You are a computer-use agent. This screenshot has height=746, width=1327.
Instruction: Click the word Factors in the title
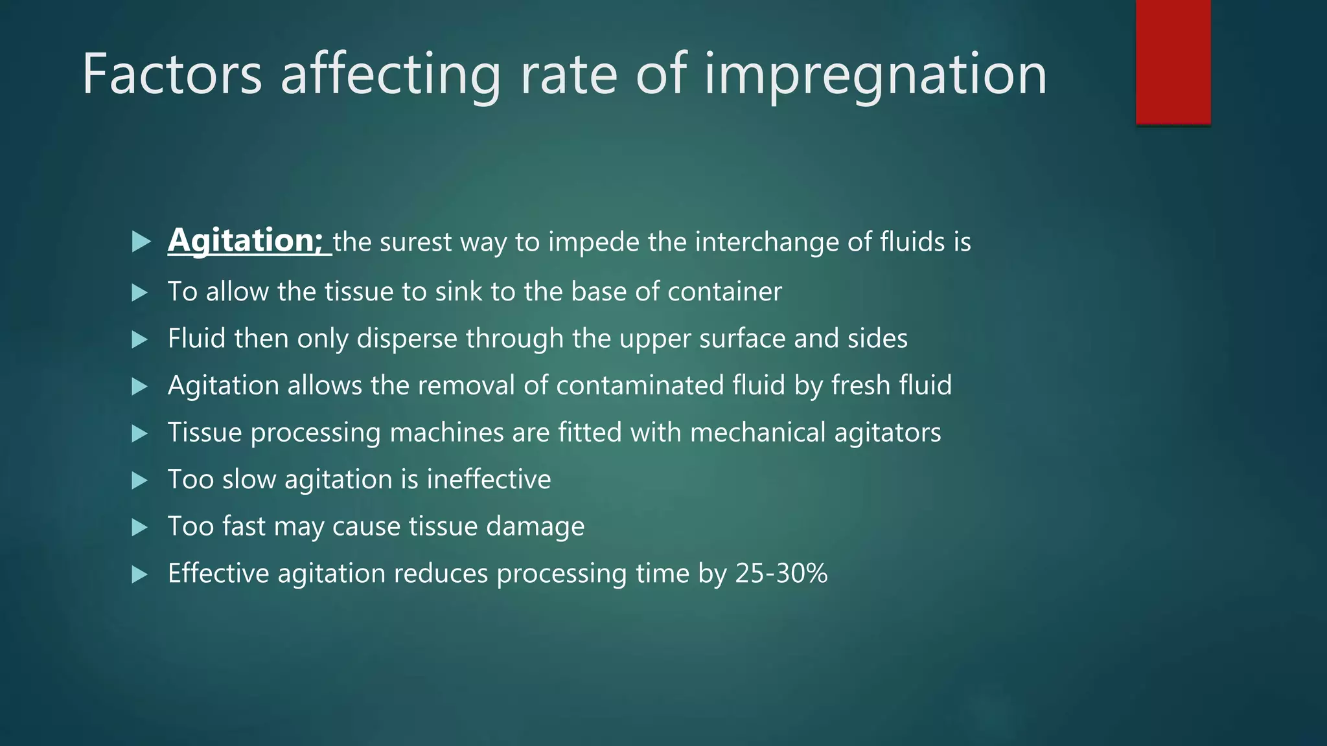tap(172, 74)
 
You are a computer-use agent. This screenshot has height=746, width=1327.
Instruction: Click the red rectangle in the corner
tap(1173, 62)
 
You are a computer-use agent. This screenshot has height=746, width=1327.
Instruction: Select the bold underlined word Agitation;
tap(246, 241)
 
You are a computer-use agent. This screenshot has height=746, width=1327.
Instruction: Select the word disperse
tap(407, 339)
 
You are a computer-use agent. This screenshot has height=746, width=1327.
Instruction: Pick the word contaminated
tap(640, 386)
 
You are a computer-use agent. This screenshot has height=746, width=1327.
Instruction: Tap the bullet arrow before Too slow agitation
tap(139, 480)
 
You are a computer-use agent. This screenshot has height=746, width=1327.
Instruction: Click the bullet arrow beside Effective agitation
tap(139, 574)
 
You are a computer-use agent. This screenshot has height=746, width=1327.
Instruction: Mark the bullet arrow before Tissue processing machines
tap(139, 433)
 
